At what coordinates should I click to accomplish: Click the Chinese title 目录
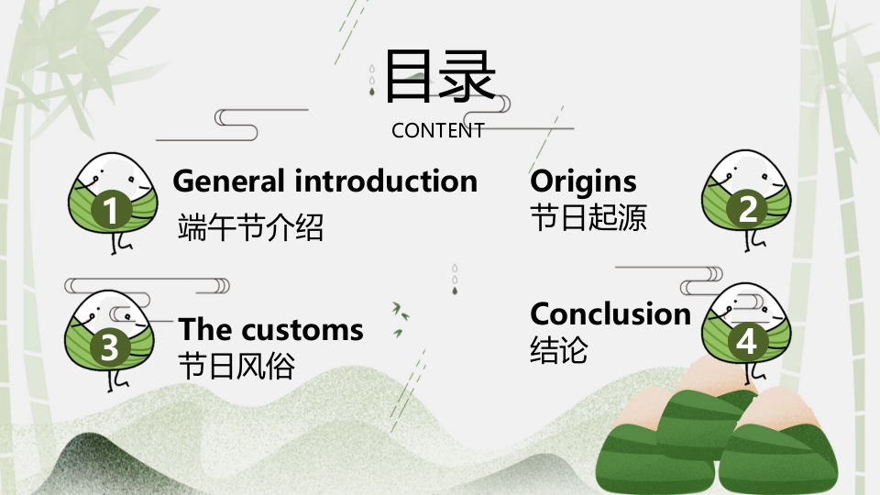(x=440, y=76)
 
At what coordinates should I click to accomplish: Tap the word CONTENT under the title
(x=438, y=131)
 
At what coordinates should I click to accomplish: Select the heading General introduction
(x=324, y=181)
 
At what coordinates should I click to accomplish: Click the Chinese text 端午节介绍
(x=250, y=226)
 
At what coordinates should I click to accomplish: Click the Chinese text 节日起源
(x=588, y=218)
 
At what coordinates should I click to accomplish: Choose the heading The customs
(x=270, y=329)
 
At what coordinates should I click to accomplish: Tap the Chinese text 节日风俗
(x=236, y=366)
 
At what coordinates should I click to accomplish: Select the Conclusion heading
(x=610, y=313)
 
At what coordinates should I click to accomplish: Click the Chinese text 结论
(x=558, y=349)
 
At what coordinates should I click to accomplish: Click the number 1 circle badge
(x=111, y=209)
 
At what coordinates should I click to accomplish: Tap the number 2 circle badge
(x=747, y=209)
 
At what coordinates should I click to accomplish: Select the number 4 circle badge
(x=747, y=342)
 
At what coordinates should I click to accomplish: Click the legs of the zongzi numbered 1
(x=120, y=243)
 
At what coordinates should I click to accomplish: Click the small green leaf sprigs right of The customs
(x=401, y=319)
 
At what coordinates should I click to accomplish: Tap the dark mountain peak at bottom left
(x=84, y=449)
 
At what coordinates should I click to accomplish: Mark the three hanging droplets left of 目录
(x=371, y=81)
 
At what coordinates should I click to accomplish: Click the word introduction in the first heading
(x=386, y=181)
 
